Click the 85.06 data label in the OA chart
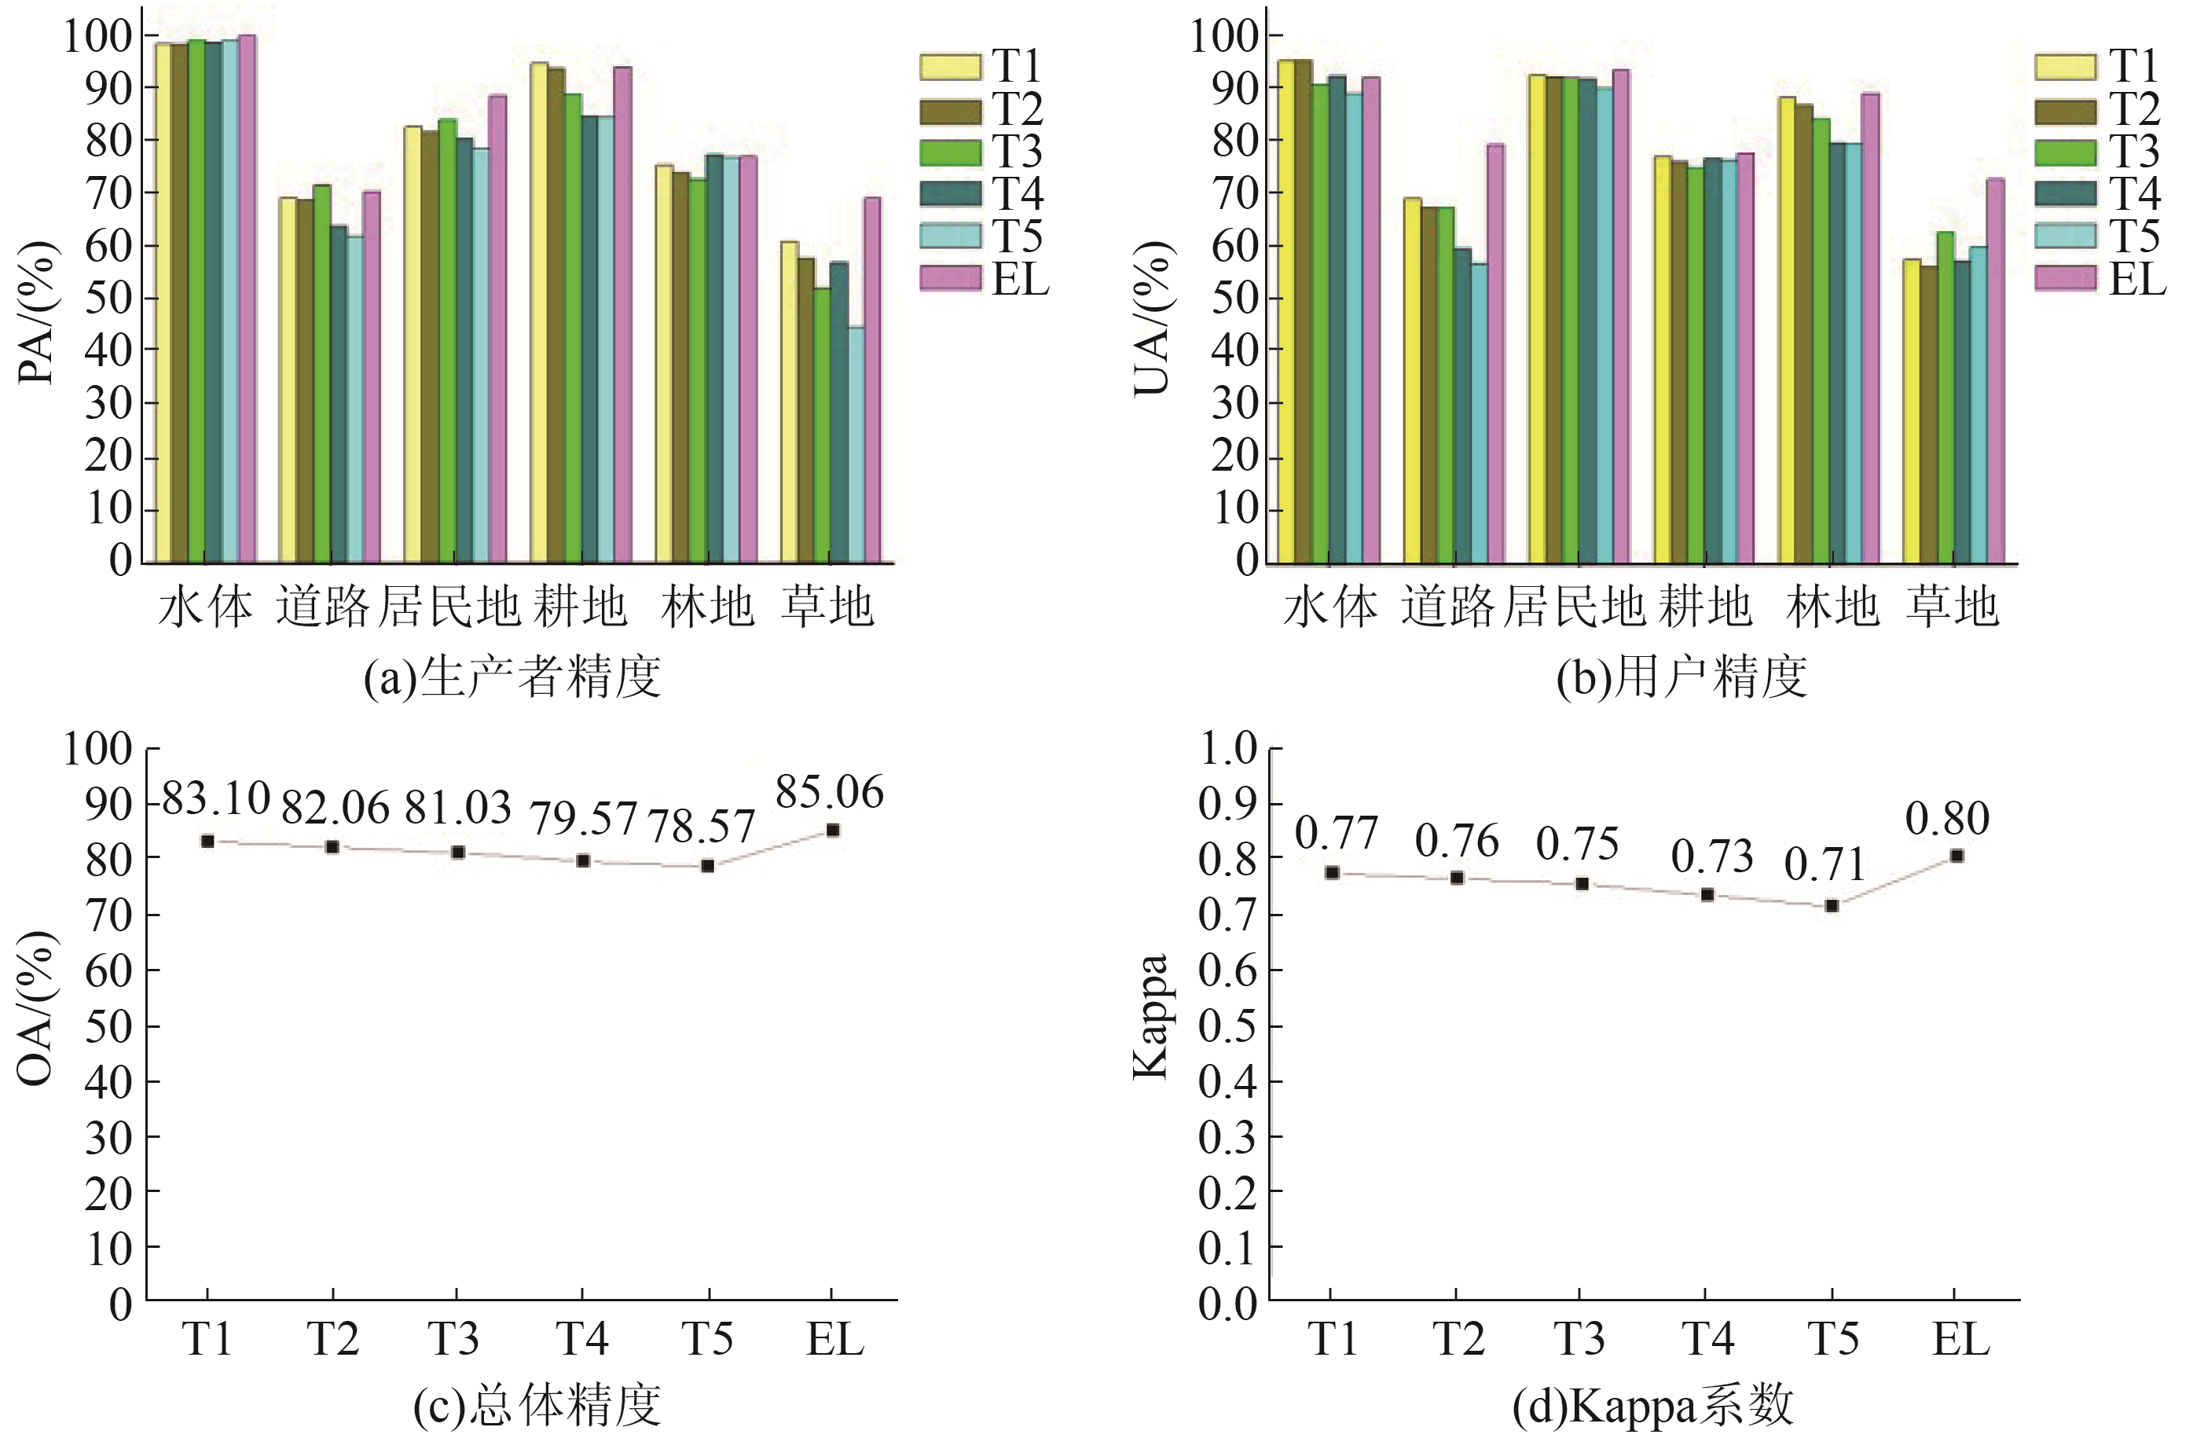point(829,792)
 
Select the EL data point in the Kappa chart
point(1956,856)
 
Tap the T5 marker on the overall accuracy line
point(708,866)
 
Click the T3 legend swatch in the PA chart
point(950,152)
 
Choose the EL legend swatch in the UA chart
point(2065,278)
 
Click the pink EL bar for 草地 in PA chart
point(871,378)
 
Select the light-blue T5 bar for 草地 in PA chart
point(855,442)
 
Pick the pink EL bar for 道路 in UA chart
point(1495,350)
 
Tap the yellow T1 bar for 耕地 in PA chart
point(539,314)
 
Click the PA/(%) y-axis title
point(37,314)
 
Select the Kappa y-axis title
point(1151,1015)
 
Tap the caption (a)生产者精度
point(512,677)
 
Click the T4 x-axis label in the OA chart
point(582,1338)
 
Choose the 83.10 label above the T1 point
point(215,798)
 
